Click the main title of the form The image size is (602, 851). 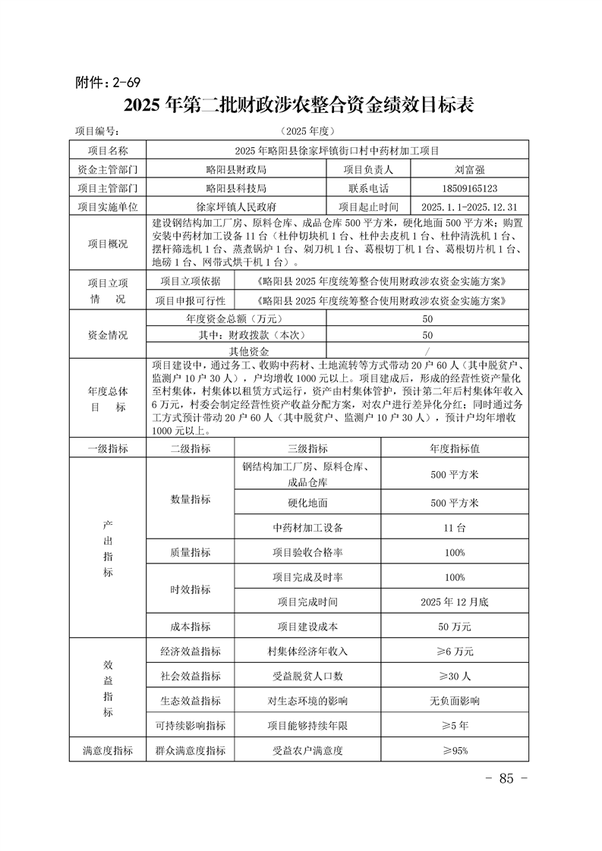pyautogui.click(x=300, y=105)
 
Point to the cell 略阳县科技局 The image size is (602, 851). pyautogui.click(x=236, y=187)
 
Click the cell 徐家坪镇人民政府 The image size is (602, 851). pyautogui.click(x=236, y=206)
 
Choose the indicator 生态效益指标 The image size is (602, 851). pyautogui.click(x=191, y=701)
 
